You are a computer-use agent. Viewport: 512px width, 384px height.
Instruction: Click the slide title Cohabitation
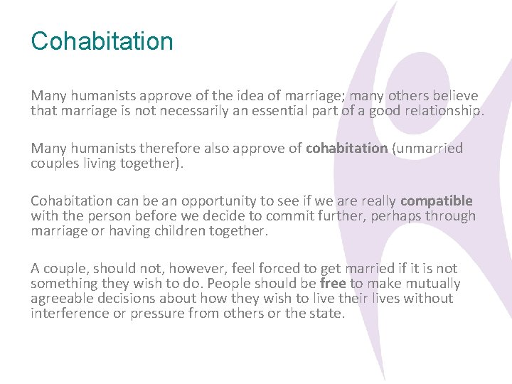pos(102,41)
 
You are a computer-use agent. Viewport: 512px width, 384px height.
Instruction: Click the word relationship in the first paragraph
pos(442,111)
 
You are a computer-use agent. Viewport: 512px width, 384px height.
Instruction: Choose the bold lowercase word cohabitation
pos(346,149)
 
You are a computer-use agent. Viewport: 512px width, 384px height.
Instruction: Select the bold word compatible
pos(436,201)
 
